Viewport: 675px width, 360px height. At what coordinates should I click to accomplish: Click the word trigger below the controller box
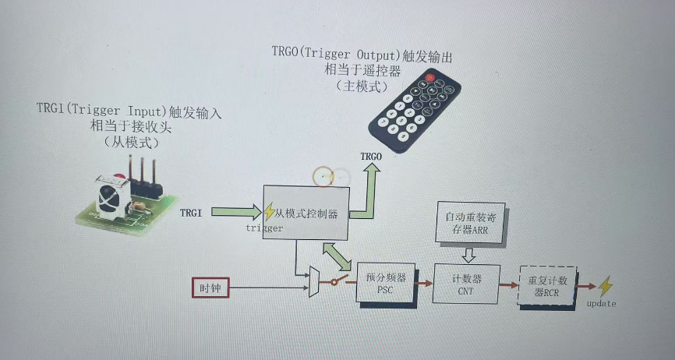coord(264,228)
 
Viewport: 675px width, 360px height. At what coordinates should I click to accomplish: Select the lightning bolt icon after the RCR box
coord(604,286)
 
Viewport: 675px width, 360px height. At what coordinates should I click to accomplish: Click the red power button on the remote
coord(428,78)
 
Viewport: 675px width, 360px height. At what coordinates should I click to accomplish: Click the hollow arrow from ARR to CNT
coord(469,254)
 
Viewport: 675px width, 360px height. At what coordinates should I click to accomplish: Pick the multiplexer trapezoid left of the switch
coord(314,281)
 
